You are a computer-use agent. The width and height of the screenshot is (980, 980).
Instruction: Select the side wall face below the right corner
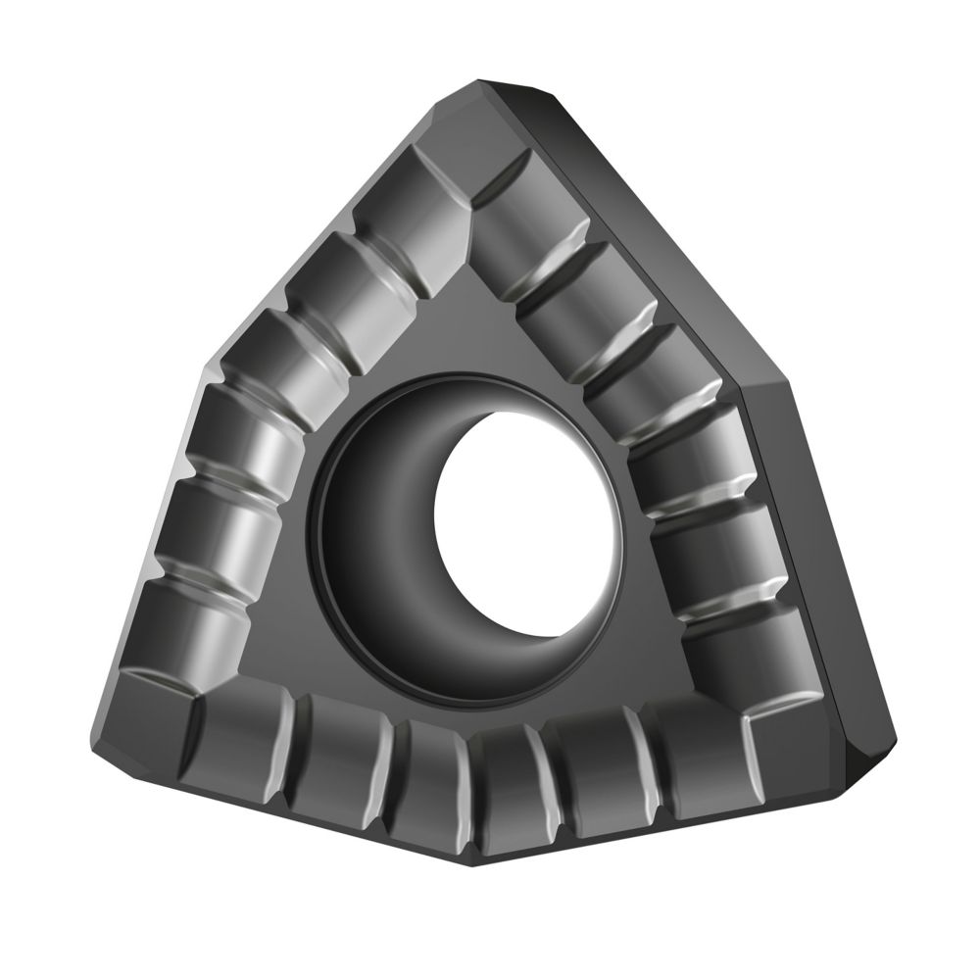(804, 549)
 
